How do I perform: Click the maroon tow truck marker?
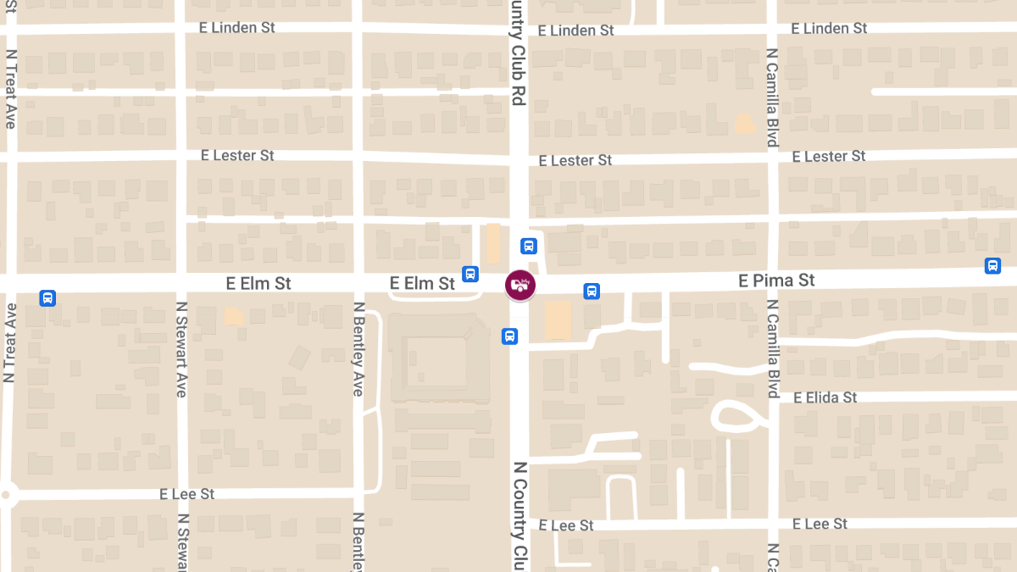pyautogui.click(x=520, y=285)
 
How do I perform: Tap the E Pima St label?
pyautogui.click(x=776, y=280)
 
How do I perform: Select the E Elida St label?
pyautogui.click(x=825, y=397)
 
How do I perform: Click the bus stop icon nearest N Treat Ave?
pyautogui.click(x=47, y=298)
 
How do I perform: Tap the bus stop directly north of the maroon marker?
pyautogui.click(x=528, y=247)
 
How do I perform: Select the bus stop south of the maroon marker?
pyautogui.click(x=509, y=336)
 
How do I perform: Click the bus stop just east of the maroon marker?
pyautogui.click(x=592, y=292)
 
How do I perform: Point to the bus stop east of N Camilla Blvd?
pyautogui.click(x=992, y=266)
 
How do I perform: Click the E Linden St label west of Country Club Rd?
pyautogui.click(x=237, y=28)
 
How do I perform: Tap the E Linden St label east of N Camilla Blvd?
pyautogui.click(x=829, y=29)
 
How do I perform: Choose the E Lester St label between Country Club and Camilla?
pyautogui.click(x=575, y=160)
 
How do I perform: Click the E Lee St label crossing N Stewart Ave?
pyautogui.click(x=187, y=494)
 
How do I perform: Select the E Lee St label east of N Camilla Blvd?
pyautogui.click(x=820, y=524)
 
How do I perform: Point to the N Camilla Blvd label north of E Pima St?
pyautogui.click(x=772, y=97)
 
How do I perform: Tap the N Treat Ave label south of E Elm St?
pyautogui.click(x=9, y=343)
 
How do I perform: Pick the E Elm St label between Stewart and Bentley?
pyautogui.click(x=258, y=283)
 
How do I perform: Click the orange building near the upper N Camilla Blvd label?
pyautogui.click(x=744, y=125)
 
